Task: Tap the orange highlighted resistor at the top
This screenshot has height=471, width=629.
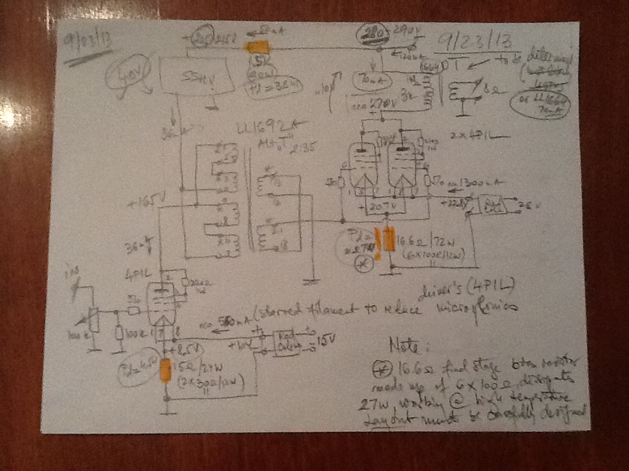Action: tap(256, 48)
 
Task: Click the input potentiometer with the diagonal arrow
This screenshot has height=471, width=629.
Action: tap(94, 319)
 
